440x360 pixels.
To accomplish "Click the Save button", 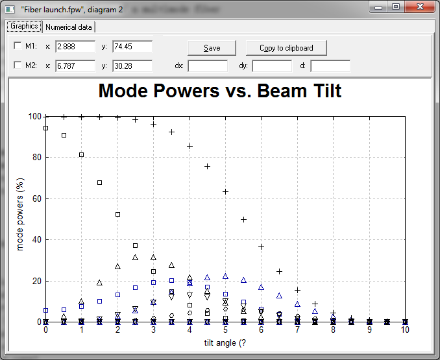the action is point(212,48).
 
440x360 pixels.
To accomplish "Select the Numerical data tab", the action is point(69,27).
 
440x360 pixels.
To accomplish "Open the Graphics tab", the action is point(24,27).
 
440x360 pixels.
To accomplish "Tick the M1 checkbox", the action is point(18,45).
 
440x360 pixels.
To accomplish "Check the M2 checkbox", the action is point(18,65).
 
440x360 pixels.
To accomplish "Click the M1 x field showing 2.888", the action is point(75,46).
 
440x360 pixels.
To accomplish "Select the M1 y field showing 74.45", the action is point(132,46).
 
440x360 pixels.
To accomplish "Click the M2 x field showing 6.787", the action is point(75,66).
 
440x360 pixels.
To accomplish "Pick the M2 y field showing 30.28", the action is point(132,66).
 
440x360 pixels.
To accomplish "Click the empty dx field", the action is point(208,66).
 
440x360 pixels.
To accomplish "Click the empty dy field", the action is point(272,66).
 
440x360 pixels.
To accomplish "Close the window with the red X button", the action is point(420,6).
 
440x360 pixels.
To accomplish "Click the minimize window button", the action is point(378,7).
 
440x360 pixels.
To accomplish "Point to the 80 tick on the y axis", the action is point(37,157).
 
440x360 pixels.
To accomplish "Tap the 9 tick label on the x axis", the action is point(369,330).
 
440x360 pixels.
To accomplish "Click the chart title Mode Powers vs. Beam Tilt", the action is point(220,91).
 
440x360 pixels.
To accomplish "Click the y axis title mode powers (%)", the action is point(20,214).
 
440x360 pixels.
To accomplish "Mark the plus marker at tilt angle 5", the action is point(225,192).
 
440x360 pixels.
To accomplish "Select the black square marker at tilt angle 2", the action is point(118,215).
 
